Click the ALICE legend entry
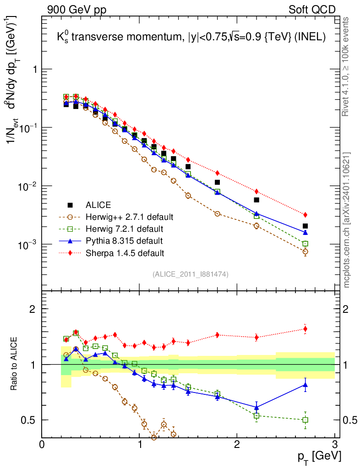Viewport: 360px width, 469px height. [x=98, y=205]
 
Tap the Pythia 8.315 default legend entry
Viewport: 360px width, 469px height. [x=124, y=240]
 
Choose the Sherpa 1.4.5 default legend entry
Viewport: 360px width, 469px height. [x=125, y=252]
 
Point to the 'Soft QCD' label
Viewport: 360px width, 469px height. [x=312, y=9]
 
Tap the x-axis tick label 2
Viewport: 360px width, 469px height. [x=237, y=444]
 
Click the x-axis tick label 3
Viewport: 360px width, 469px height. [x=334, y=444]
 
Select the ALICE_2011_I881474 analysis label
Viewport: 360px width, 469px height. [x=191, y=274]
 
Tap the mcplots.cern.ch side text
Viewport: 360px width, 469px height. [x=347, y=220]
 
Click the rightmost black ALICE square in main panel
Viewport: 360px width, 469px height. [x=305, y=226]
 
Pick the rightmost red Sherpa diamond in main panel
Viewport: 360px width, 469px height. [x=305, y=215]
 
